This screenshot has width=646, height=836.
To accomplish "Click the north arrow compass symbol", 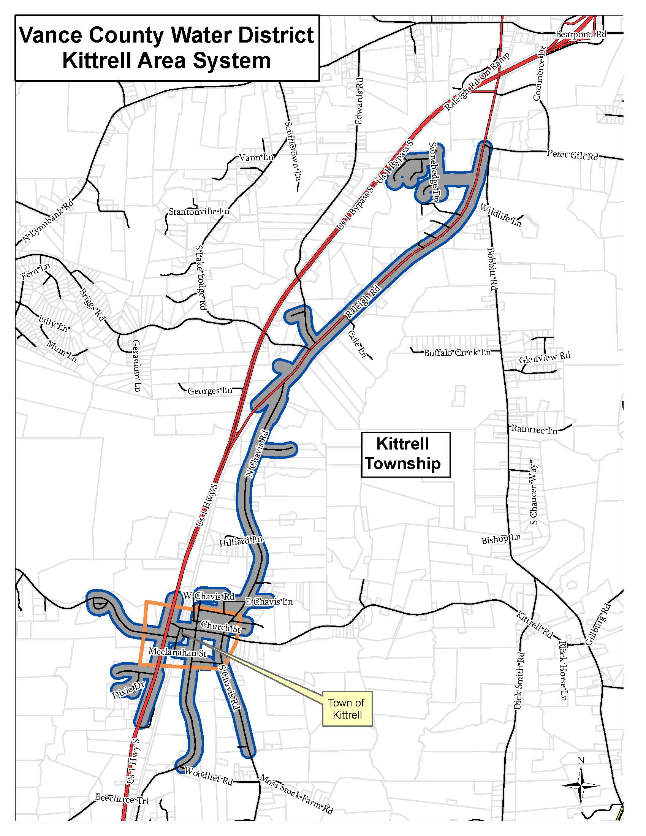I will click(x=581, y=784).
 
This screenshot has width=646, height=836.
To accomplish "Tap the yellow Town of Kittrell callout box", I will click(x=347, y=709).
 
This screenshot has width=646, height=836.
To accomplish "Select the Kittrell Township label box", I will click(x=406, y=454).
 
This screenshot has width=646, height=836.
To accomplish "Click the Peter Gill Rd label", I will click(x=572, y=155).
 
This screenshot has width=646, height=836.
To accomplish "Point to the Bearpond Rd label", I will click(x=581, y=35).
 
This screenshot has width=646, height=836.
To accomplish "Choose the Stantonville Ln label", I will click(x=199, y=211).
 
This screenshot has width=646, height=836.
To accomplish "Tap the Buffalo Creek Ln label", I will click(x=457, y=353).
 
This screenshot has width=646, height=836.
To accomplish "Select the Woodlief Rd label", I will click(x=208, y=776).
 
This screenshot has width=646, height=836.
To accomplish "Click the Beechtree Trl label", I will click(x=122, y=799).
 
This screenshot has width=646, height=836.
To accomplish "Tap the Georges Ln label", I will click(x=210, y=391).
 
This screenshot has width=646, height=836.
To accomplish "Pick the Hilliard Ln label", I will click(x=241, y=541).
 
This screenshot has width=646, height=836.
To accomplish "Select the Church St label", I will click(x=221, y=627).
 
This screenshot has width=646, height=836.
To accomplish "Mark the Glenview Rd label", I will click(x=544, y=358).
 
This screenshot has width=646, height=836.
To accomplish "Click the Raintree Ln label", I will click(x=534, y=429).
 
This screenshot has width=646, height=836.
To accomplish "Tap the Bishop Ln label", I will click(x=500, y=539).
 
